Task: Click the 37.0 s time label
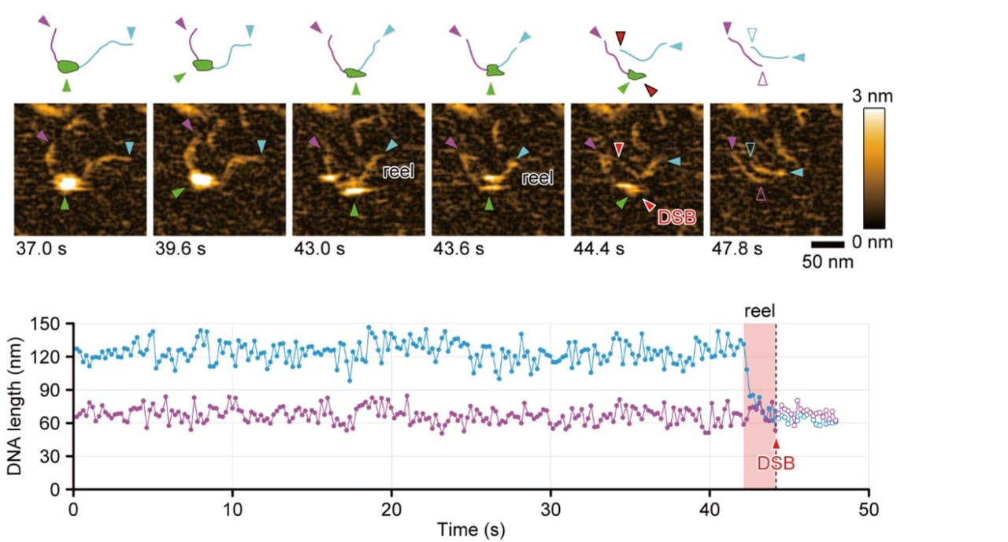38,250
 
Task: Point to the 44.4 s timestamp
595,250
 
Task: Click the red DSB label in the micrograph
676,217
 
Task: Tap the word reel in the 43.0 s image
398,171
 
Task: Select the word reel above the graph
759,310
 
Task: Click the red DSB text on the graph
775,464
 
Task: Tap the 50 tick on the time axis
869,509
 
